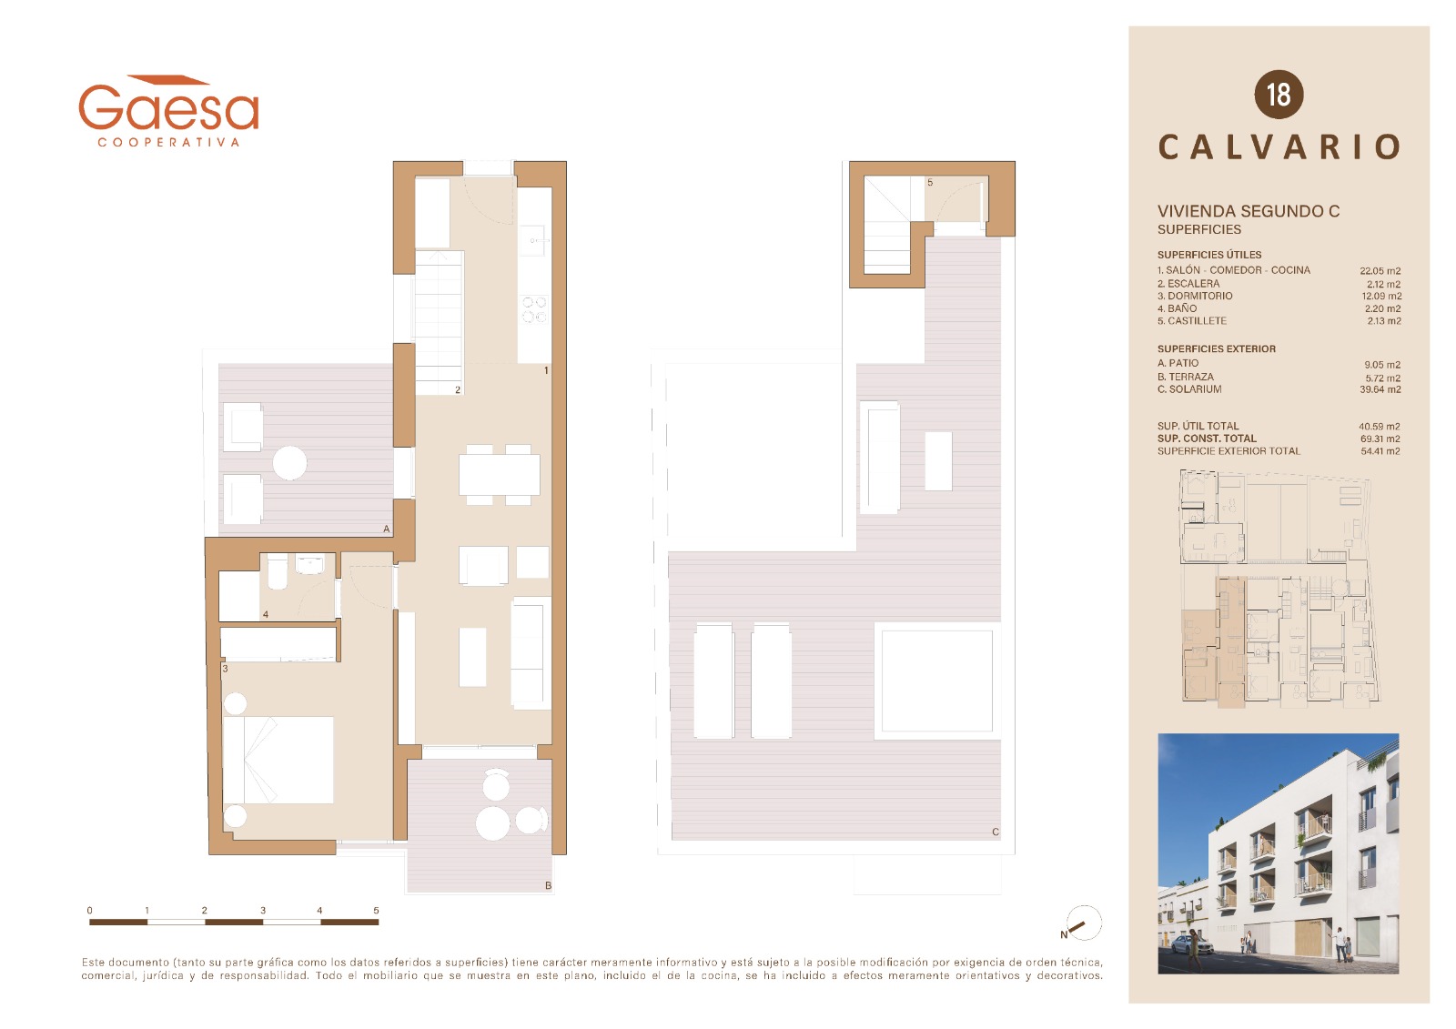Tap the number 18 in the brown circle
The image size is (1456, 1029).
point(1278,95)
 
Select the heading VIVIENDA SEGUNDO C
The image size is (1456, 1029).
point(1248,211)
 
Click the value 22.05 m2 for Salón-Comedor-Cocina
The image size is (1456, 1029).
point(1380,271)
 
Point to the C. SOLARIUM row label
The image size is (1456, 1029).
point(1188,389)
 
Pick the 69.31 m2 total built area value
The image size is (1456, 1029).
point(1380,439)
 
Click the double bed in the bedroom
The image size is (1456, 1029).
point(278,759)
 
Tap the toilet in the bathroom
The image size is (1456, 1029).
point(278,571)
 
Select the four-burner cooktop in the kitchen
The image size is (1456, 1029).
point(534,309)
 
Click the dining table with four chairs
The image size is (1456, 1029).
point(500,475)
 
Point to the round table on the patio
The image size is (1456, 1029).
point(289,463)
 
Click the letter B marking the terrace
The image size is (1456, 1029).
point(548,885)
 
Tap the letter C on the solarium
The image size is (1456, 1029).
point(996,832)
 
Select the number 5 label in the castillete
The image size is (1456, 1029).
point(930,183)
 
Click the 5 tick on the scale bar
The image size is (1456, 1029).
point(376,911)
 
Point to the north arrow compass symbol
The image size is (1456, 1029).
point(1083,923)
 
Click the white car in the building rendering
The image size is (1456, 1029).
point(1191,946)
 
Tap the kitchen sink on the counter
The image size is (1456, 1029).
point(534,240)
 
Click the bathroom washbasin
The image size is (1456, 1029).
point(309,563)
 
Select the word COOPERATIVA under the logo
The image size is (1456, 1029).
point(168,142)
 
